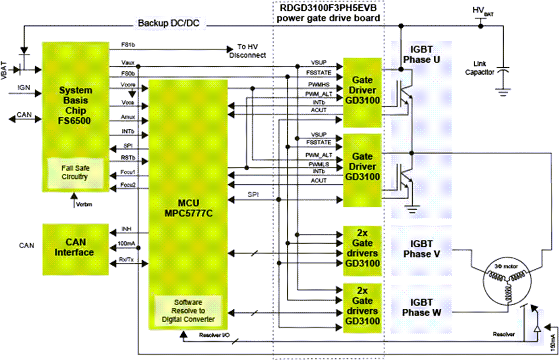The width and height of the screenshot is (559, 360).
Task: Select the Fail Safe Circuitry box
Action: tap(76, 173)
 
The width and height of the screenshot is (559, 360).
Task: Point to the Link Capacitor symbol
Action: tap(502, 72)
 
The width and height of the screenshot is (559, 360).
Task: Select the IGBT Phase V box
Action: tap(421, 249)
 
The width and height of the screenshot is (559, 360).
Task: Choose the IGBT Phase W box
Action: tap(421, 308)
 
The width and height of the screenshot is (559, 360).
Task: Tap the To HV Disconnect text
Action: tap(247, 51)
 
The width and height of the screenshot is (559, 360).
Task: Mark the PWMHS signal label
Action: tap(316, 85)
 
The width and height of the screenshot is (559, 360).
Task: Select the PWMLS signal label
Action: tap(316, 164)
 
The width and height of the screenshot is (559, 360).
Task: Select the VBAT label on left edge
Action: tap(5, 69)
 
